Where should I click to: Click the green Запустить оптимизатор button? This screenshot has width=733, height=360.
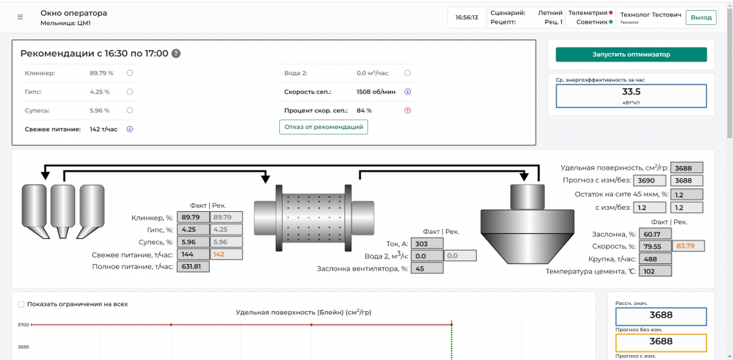tap(631, 54)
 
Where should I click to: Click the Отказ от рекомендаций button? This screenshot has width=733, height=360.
tap(324, 127)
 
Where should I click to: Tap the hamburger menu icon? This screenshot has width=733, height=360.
tap(20, 17)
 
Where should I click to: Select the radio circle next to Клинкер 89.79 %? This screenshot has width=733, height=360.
tap(130, 73)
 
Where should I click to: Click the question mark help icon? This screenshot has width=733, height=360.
tap(176, 53)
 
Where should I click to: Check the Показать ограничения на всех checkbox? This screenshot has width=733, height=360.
tap(21, 304)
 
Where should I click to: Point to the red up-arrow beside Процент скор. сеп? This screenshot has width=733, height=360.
tap(407, 111)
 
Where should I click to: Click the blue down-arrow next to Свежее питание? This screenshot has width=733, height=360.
tap(130, 129)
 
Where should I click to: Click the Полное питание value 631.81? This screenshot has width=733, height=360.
tap(193, 266)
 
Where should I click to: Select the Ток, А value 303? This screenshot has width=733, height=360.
tap(427, 243)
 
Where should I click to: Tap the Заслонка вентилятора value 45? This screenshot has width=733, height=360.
tap(427, 268)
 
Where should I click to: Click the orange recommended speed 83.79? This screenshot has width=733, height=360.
tap(688, 246)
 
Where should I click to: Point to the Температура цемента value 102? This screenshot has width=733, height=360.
tap(655, 271)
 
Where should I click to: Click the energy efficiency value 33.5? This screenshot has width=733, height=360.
tap(631, 91)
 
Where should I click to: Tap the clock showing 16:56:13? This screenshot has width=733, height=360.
tap(467, 18)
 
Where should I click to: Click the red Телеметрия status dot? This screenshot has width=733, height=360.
tap(611, 13)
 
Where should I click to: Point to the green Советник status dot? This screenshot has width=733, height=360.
tap(611, 22)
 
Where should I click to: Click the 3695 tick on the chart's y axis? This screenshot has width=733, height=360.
tap(23, 347)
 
